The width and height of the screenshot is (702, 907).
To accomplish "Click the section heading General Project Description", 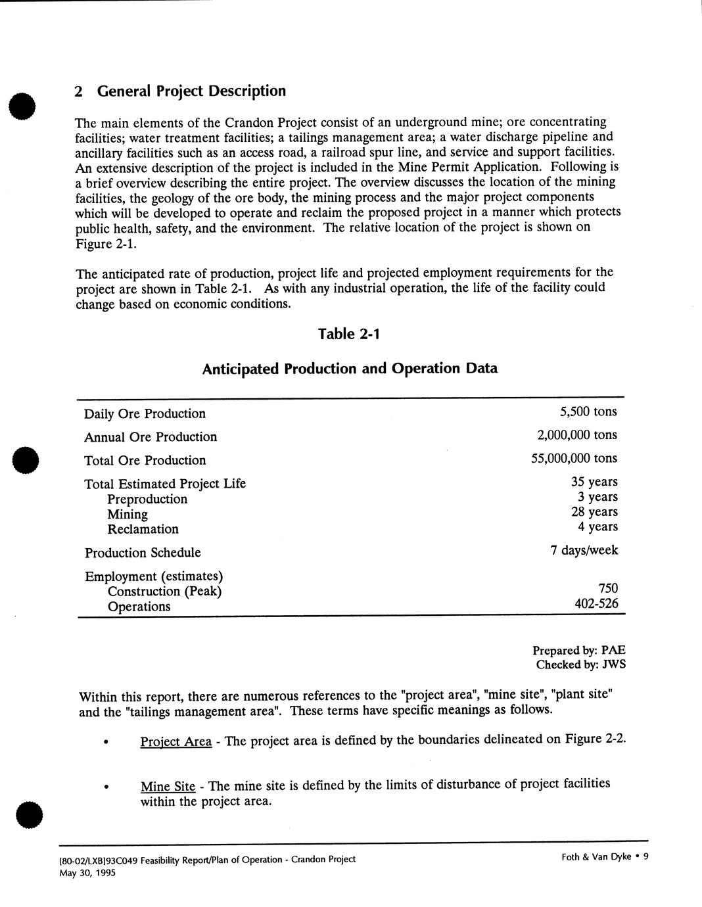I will point(180,91).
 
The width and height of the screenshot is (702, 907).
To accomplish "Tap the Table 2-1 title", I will point(349,334).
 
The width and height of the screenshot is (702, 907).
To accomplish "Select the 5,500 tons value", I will point(588,412).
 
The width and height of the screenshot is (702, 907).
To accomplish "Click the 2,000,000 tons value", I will point(577,435).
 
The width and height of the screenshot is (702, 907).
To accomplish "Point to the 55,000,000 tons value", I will point(574,459).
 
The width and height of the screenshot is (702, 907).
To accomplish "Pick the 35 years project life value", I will point(594,482).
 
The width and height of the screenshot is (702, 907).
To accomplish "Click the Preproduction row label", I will point(147,500).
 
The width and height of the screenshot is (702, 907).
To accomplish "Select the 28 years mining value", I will point(594,512).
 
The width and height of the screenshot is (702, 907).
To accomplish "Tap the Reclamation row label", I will point(143,529).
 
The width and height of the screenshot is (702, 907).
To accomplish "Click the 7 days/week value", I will point(584,550).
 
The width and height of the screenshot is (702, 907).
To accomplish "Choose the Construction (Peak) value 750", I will point(608,588).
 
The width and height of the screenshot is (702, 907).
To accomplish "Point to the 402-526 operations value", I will point(596,603).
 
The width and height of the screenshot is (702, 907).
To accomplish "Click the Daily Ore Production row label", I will point(145,413).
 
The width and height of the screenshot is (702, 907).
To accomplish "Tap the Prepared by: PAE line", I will point(578,651).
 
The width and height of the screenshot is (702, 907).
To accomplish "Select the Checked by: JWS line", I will point(580,664).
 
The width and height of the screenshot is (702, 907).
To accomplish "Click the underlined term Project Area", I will point(175,741).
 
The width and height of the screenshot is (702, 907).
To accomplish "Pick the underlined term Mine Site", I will point(168,786).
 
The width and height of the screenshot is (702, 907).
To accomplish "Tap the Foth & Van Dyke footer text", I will point(596,856).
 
